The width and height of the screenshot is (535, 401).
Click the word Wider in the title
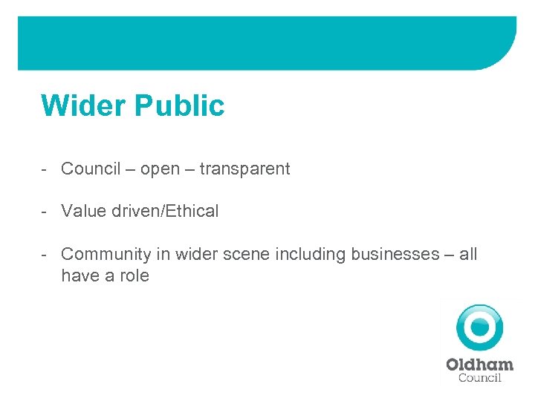(83, 105)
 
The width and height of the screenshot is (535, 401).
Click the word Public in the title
(179, 105)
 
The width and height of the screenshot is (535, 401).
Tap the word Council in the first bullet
(91, 169)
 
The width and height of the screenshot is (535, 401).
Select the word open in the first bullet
(160, 169)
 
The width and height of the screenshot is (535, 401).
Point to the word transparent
(244, 169)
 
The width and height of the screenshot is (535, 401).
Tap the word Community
(106, 254)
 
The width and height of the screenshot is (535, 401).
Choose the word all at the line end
(468, 254)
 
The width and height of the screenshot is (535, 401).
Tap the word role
(134, 276)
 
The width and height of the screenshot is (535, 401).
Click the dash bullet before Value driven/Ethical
(45, 211)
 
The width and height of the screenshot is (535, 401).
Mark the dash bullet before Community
(45, 254)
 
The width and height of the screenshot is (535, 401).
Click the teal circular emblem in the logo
(479, 327)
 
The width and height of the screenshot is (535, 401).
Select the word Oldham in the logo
(479, 365)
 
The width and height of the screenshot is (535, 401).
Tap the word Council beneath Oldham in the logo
(479, 377)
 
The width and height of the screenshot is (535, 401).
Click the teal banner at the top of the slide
(267, 43)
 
